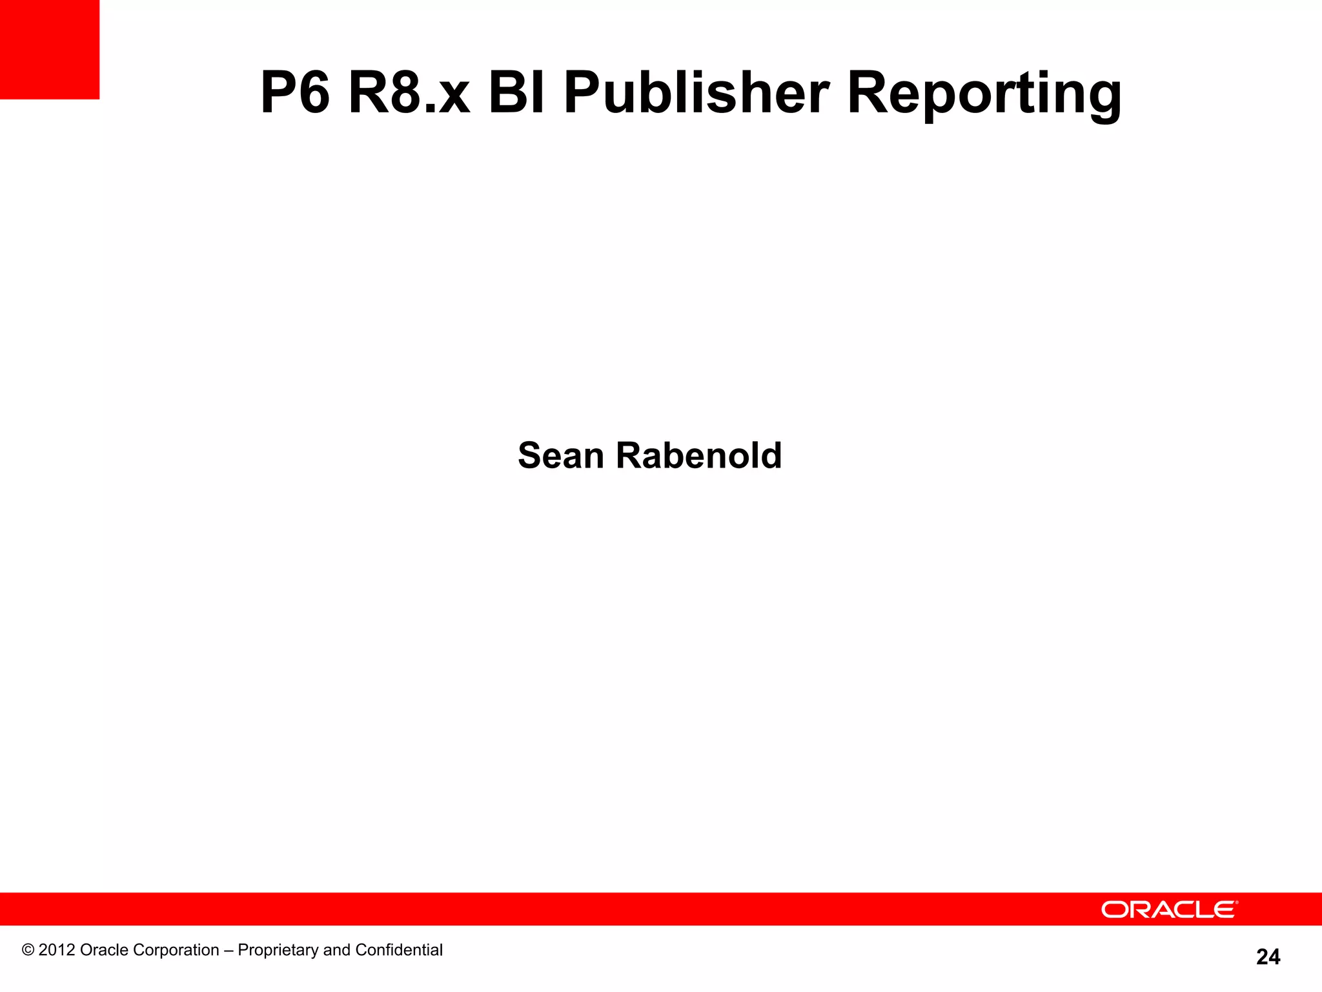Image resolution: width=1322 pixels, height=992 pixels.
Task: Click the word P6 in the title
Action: pos(295,94)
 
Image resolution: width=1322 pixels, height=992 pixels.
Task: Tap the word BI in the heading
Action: pos(516,94)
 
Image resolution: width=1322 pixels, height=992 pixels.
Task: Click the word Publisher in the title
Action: pos(697,94)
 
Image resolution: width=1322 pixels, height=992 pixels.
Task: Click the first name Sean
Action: pos(560,456)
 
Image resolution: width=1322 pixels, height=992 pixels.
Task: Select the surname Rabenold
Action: pos(698,456)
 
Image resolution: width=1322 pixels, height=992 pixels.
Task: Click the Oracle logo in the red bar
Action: pos(1169,909)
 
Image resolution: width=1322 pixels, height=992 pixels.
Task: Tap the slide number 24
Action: pos(1268,956)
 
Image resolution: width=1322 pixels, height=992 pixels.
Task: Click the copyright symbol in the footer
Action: pos(28,950)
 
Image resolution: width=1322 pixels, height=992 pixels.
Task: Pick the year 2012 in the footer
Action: pos(56,950)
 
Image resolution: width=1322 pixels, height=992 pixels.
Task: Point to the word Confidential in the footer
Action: pos(399,950)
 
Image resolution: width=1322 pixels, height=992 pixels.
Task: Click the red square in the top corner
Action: pos(50,50)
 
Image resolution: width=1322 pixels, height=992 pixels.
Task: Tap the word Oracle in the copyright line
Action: pos(104,950)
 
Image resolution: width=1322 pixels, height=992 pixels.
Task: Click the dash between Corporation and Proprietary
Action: pos(229,951)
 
